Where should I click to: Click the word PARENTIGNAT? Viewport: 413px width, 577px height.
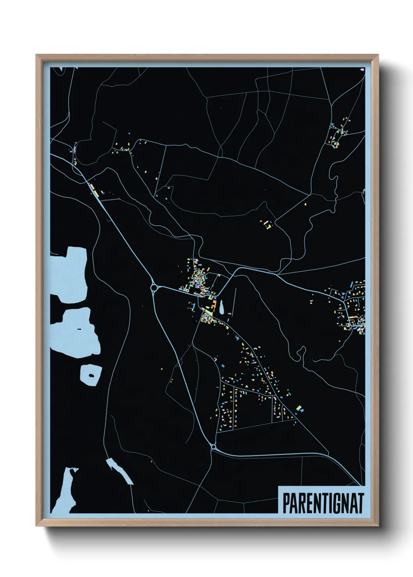click(323, 503)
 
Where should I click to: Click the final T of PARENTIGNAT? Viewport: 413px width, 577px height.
click(360, 503)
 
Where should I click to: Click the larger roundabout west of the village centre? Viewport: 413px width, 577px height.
click(154, 288)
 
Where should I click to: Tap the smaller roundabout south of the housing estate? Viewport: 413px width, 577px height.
click(213, 447)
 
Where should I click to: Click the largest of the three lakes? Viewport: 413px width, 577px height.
click(69, 275)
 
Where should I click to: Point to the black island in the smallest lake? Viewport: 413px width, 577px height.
click(91, 375)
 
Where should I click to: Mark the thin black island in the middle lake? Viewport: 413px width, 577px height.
click(79, 329)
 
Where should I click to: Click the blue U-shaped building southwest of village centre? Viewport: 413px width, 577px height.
click(192, 306)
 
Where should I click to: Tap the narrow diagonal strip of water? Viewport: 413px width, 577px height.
click(119, 470)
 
